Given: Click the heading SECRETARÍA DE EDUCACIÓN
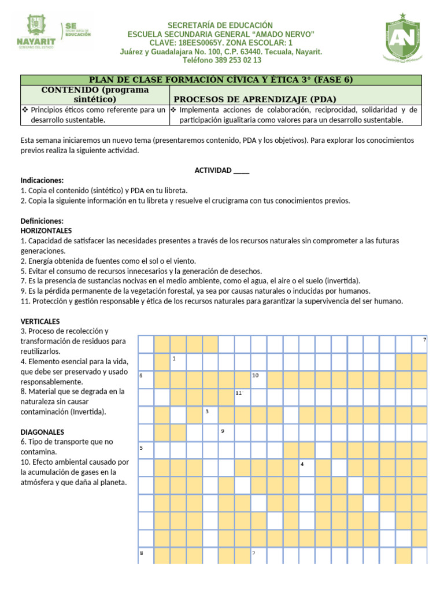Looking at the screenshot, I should pos(220,25).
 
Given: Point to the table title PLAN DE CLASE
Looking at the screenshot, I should pos(219,80).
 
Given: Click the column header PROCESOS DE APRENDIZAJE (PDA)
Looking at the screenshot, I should pos(254,99).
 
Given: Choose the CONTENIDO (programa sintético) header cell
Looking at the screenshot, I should pos(95,95).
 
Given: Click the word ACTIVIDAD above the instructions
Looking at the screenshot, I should pos(213,170).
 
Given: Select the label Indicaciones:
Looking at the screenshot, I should pos(42,180).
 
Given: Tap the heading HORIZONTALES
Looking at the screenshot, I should pos(46,230).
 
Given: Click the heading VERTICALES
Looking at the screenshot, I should pos(40,321).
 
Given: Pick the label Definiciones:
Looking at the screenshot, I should pos(42,221).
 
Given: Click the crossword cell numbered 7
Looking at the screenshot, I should pos(419,344).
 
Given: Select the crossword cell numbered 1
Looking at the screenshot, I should pos(177,362).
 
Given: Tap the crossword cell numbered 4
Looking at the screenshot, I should pos(306,468).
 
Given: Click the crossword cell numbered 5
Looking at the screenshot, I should pos(146,450).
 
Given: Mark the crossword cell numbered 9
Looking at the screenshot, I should pos(226,432).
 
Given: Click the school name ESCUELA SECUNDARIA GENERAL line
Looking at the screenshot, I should pos(220,34).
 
